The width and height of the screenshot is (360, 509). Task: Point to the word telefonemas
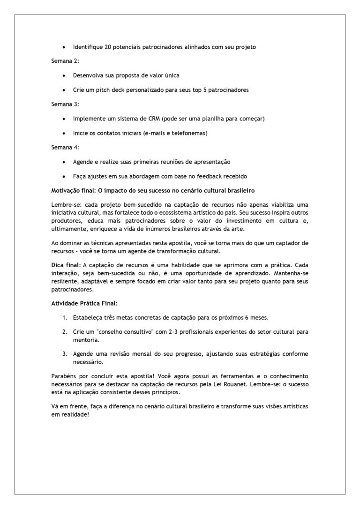coord(190,133)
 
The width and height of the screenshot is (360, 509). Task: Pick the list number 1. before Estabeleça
coord(65,318)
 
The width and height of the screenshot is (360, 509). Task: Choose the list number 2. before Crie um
coord(65,332)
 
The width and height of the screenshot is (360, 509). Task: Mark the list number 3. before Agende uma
coord(65,354)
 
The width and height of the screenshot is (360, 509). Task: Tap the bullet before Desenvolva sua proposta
coord(64,75)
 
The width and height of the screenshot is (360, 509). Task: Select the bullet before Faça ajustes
coord(64,176)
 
